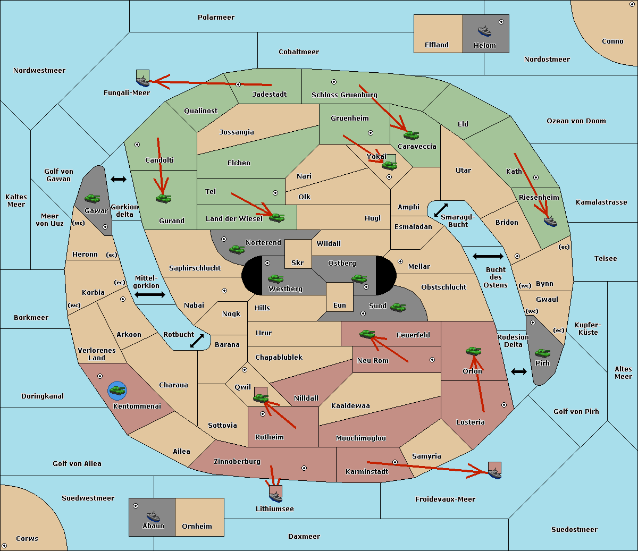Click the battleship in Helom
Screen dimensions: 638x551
[x=484, y=31]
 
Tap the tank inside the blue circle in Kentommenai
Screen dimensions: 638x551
[x=117, y=391]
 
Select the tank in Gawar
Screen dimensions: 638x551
[x=93, y=198]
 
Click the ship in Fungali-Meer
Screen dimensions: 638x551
[x=142, y=81]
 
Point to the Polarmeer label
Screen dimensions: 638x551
[x=216, y=18]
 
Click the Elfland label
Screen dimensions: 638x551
[x=436, y=45]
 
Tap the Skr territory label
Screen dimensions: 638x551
[x=298, y=262]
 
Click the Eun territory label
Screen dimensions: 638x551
[x=340, y=305]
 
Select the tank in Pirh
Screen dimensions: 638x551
[x=542, y=353]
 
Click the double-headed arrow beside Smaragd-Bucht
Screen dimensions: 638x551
[x=441, y=210]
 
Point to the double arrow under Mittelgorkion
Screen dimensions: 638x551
[x=150, y=294]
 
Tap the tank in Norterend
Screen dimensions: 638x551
[x=237, y=249]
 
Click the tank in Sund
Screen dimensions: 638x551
[x=398, y=307]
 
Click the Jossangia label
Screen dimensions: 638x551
[x=237, y=132]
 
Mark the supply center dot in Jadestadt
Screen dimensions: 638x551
[x=238, y=84]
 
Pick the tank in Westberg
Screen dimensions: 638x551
[x=275, y=278]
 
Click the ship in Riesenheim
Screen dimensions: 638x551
[x=550, y=221]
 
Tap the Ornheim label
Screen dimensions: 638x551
[x=197, y=526]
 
